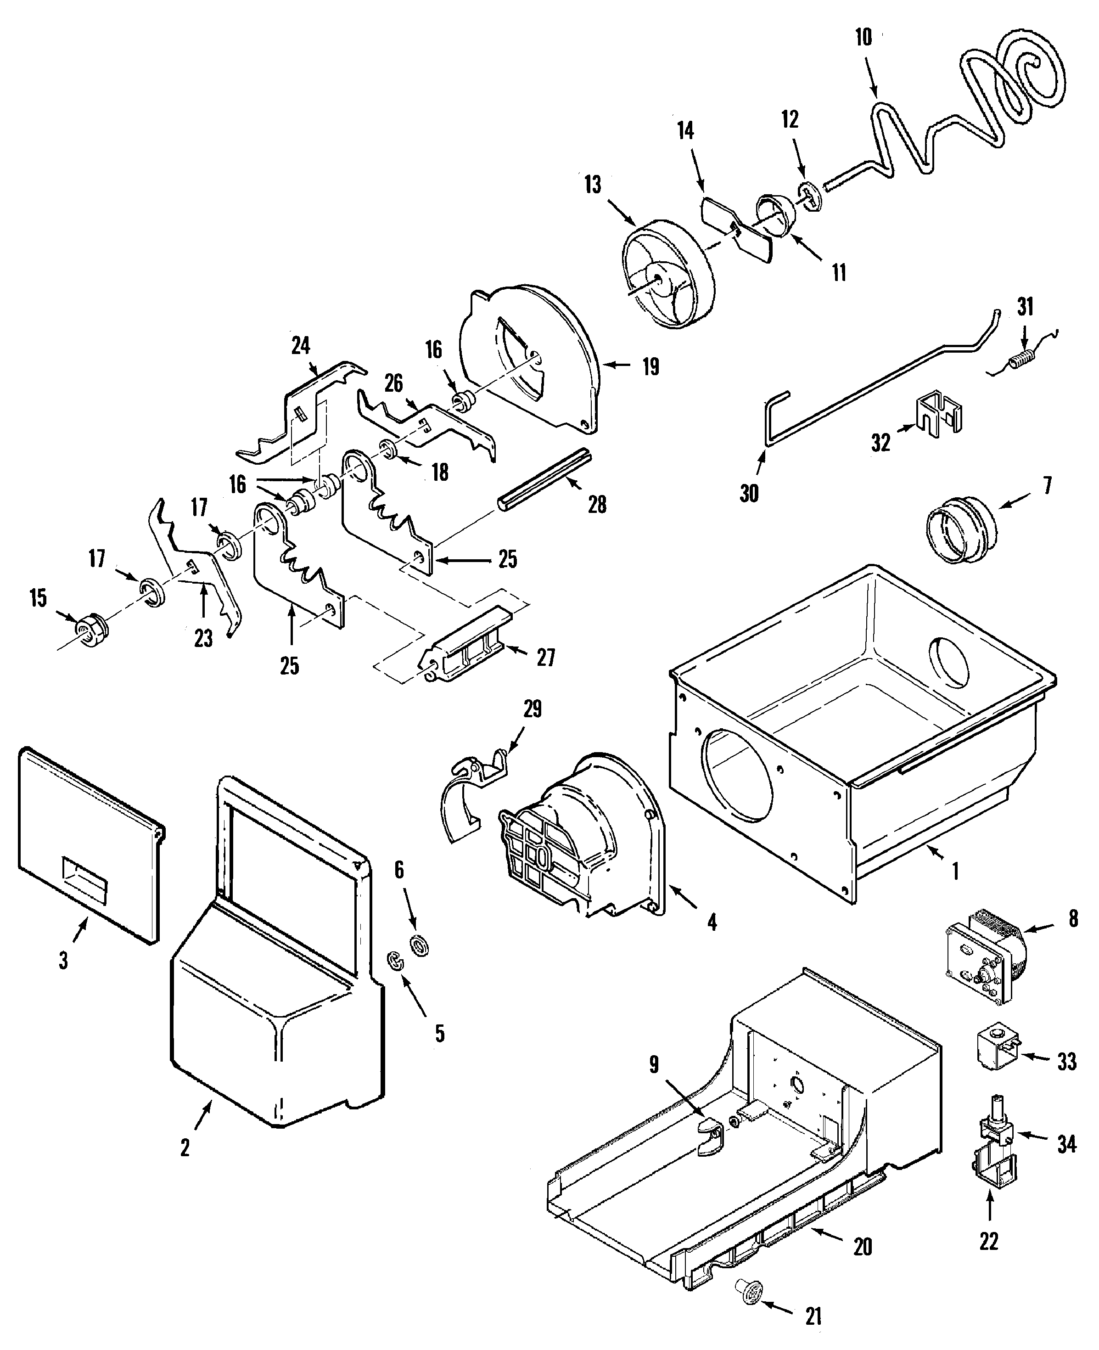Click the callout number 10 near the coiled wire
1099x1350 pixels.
(863, 38)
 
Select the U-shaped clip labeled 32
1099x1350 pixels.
(939, 414)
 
